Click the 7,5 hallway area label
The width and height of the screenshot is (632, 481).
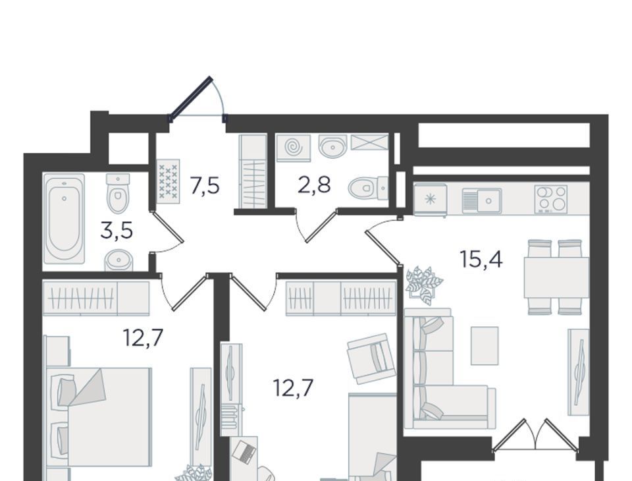click(205, 187)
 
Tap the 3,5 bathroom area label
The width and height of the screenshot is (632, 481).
click(117, 232)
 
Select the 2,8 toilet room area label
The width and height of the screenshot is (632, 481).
click(315, 185)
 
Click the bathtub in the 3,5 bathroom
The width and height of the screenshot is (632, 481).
click(64, 219)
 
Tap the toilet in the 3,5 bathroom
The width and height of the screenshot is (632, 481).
click(118, 193)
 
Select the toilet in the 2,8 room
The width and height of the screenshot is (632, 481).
click(368, 188)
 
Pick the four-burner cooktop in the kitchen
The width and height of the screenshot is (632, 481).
click(551, 199)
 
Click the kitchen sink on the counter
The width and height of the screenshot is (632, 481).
click(482, 200)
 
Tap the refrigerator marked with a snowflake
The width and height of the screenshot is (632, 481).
click(431, 199)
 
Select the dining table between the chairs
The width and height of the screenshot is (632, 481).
click(556, 277)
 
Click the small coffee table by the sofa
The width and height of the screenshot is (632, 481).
click(485, 345)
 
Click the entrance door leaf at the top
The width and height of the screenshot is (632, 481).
click(190, 98)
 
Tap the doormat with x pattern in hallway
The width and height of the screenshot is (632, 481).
click(168, 181)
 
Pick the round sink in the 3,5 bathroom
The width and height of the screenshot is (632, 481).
click(118, 260)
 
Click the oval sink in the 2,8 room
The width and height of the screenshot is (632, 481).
click(333, 145)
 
